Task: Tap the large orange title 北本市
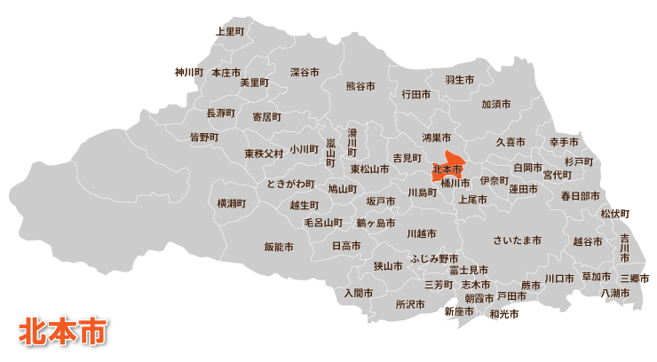(63, 329)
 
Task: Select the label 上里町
(230, 31)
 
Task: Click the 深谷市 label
(305, 72)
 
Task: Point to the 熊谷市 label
(360, 86)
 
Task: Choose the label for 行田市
(416, 93)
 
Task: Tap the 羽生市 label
(459, 80)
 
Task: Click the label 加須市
(495, 104)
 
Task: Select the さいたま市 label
(517, 240)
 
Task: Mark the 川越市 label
(421, 234)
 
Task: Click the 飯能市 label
(279, 247)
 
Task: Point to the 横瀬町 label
(232, 203)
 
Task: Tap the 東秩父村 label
(265, 153)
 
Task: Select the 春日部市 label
(580, 196)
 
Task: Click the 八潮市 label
(615, 293)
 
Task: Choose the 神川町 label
(189, 72)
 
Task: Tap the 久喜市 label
(510, 142)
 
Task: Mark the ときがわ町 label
(290, 184)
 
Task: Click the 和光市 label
(503, 313)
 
